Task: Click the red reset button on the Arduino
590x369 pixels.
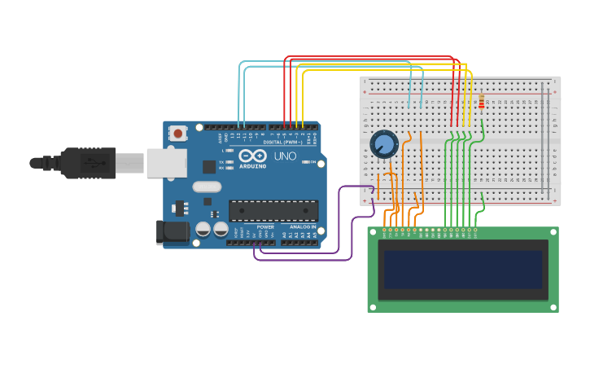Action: click(177, 131)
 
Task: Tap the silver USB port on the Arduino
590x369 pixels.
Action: click(166, 162)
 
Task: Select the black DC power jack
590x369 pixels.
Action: click(171, 231)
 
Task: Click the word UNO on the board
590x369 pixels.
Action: click(285, 156)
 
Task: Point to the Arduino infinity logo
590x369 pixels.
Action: click(252, 155)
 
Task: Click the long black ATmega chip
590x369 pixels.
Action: click(273, 211)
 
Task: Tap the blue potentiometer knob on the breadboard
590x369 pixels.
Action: click(383, 144)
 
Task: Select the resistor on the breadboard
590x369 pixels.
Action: click(481, 102)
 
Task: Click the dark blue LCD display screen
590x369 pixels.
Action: click(462, 270)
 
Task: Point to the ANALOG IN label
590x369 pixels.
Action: click(303, 226)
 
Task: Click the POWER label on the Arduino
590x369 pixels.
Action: click(265, 226)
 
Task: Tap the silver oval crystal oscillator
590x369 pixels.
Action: click(207, 187)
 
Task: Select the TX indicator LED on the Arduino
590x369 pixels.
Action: click(230, 162)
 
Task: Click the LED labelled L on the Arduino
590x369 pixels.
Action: click(230, 151)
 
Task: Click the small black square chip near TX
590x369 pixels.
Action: click(209, 167)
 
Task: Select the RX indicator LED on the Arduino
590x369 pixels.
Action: click(230, 168)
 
